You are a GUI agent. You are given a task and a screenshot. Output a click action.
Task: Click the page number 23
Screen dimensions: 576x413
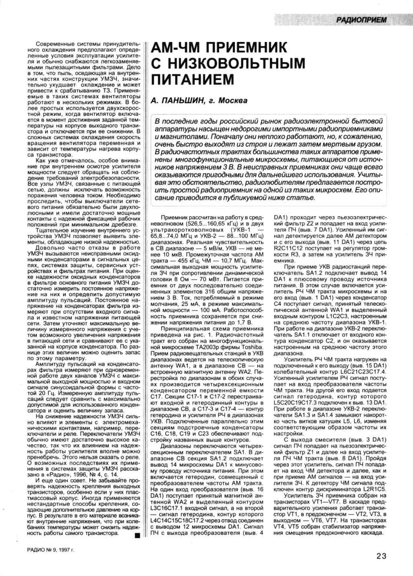(x=381, y=556)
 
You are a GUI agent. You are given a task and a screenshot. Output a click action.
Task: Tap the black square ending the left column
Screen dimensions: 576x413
(x=137, y=535)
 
